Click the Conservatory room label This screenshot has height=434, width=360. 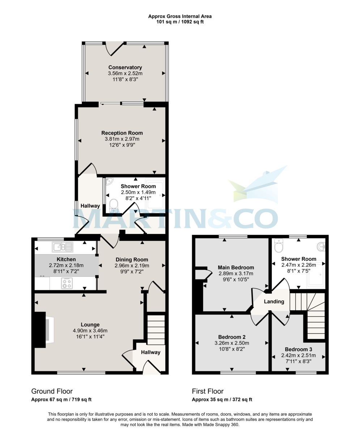(125, 67)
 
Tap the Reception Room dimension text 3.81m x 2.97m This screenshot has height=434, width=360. (122, 139)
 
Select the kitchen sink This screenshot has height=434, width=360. (63, 247)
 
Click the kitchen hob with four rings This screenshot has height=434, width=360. (67, 283)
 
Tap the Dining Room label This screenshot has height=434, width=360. (132, 259)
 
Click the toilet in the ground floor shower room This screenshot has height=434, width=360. (114, 205)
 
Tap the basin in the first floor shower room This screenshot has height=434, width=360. (321, 247)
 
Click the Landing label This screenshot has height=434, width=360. (274, 301)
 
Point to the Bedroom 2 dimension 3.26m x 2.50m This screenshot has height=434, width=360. (232, 343)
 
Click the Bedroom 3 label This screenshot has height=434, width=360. (298, 349)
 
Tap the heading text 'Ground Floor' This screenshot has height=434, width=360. (52, 391)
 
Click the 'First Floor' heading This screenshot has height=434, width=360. (208, 391)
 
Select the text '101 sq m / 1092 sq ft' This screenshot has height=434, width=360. (180, 22)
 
